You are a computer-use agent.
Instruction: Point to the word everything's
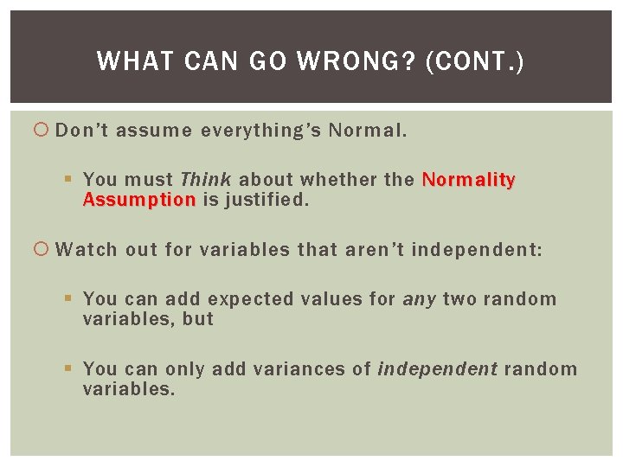[x=261, y=131]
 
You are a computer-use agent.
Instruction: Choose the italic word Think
[x=205, y=180]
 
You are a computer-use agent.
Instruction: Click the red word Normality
[x=468, y=180]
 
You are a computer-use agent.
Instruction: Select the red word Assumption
[x=139, y=200]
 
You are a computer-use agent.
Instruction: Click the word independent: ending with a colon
[x=477, y=250]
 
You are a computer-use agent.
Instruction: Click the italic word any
[x=420, y=299]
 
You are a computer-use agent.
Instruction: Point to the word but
[x=197, y=319]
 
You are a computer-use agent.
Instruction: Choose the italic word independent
[x=437, y=369]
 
